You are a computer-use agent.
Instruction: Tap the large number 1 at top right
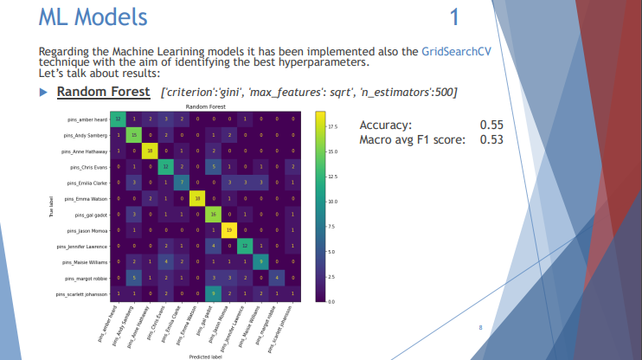pos(455,17)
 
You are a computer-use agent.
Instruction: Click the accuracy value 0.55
pos(491,125)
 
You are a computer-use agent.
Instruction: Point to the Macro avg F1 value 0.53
pos(491,139)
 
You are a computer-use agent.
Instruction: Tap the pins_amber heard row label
pos(86,119)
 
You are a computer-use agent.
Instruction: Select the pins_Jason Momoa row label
pos(87,231)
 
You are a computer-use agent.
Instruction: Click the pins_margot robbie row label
pos(86,279)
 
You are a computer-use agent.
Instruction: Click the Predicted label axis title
pos(205,355)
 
